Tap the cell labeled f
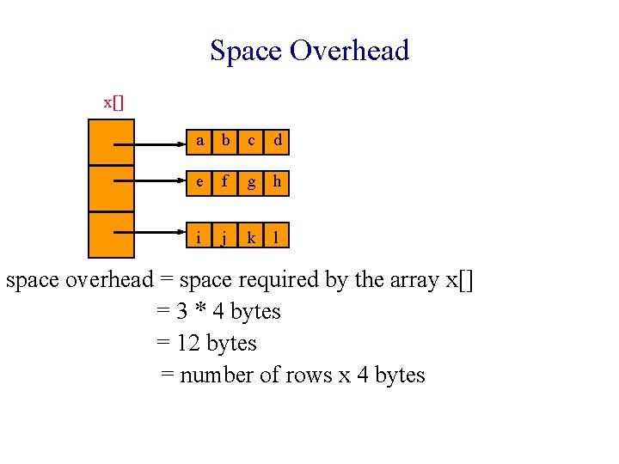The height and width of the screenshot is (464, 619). (x=226, y=181)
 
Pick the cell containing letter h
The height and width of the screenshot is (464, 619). (x=277, y=181)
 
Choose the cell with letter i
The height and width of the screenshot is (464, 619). (x=200, y=237)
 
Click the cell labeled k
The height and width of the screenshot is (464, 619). (x=251, y=237)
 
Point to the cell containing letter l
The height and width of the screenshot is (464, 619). (x=277, y=237)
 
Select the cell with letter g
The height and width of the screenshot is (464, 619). (x=251, y=181)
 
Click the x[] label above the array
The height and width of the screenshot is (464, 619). (x=113, y=102)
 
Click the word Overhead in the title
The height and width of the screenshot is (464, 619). (x=349, y=51)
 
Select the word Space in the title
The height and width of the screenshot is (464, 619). (x=247, y=51)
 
